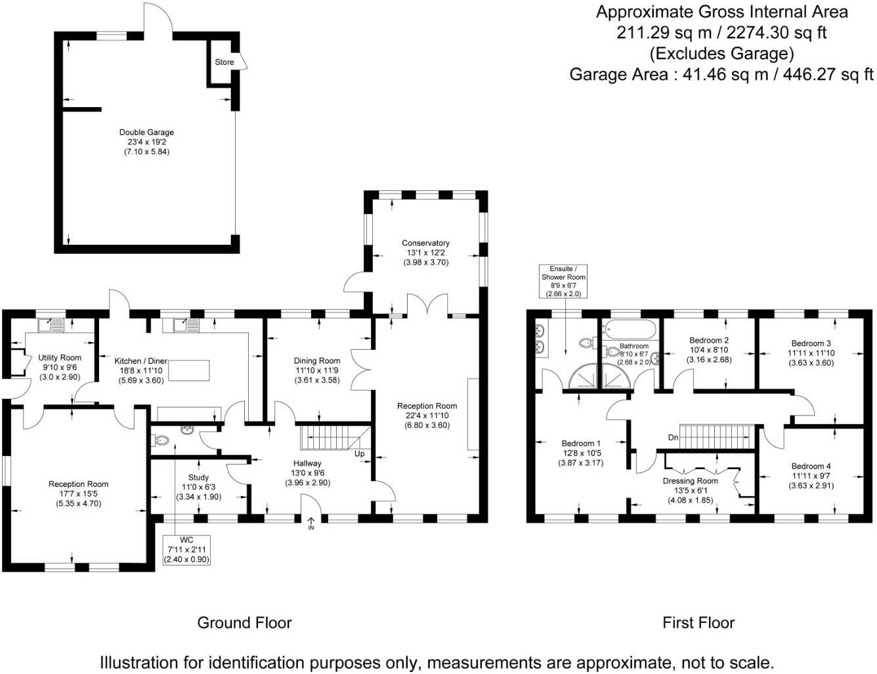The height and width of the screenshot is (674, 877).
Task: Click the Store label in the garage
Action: (224, 62)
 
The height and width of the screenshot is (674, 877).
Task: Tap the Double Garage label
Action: (146, 133)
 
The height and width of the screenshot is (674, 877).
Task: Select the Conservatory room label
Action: (425, 243)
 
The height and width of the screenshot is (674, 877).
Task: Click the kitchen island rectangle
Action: (189, 371)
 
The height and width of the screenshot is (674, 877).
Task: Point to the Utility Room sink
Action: (51, 325)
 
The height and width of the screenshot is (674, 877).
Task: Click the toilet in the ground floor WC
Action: (160, 440)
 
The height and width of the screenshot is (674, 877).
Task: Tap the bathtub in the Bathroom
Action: (630, 330)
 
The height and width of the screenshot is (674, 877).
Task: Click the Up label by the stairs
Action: (359, 453)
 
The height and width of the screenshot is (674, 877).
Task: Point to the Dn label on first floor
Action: (674, 438)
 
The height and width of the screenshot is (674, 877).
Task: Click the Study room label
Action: (198, 478)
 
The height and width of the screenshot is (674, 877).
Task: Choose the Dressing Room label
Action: (690, 481)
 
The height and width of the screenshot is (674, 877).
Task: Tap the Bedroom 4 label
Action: (811, 466)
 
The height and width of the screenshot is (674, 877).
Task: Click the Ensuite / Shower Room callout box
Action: (563, 282)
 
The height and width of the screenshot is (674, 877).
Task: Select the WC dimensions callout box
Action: (186, 550)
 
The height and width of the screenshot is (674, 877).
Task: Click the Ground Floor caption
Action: (244, 623)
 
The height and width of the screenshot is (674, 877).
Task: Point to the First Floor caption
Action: (698, 623)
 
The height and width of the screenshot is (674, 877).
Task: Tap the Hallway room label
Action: (307, 463)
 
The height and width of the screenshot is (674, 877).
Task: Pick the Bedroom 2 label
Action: (709, 341)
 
